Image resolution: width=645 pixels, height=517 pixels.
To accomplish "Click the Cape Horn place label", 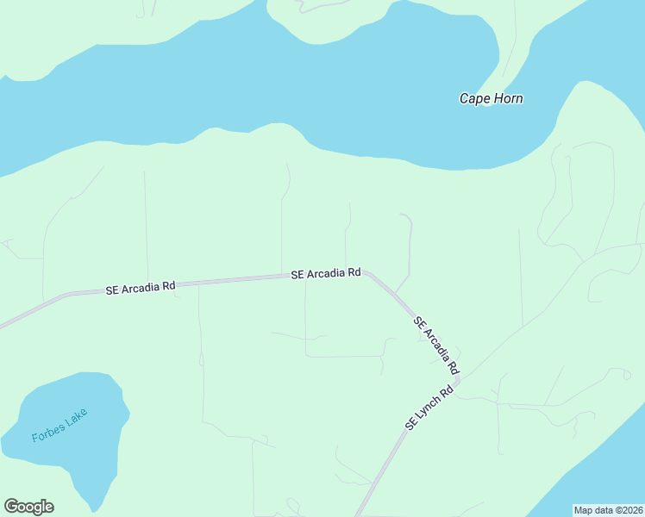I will [491, 98].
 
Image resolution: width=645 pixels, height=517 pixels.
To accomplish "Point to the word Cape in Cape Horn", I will [474, 98].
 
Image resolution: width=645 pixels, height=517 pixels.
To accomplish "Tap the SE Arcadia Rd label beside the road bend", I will [325, 273].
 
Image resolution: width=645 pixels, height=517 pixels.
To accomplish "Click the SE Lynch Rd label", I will [429, 409].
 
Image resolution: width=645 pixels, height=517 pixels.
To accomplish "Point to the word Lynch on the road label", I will [429, 409].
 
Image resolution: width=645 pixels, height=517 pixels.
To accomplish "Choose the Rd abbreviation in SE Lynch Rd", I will [446, 393].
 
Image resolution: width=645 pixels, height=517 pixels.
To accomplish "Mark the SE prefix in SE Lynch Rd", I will [411, 426].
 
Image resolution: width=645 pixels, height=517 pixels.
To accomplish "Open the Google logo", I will [28, 507].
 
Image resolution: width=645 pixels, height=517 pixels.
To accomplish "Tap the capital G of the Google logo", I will [11, 506].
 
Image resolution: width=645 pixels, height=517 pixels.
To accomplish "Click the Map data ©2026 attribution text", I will [609, 510].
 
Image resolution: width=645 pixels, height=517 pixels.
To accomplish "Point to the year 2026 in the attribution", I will [630, 510].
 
